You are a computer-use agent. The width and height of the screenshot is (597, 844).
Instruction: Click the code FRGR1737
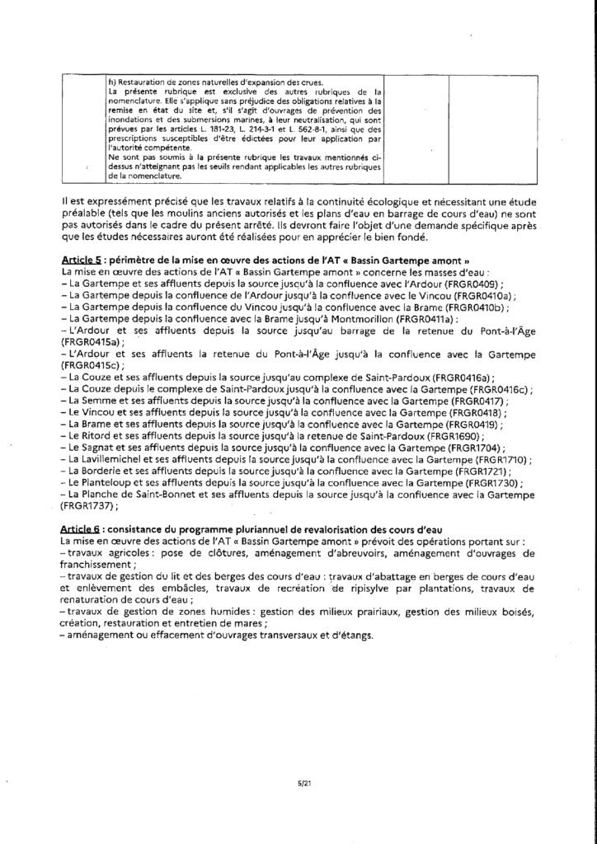(x=86, y=505)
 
